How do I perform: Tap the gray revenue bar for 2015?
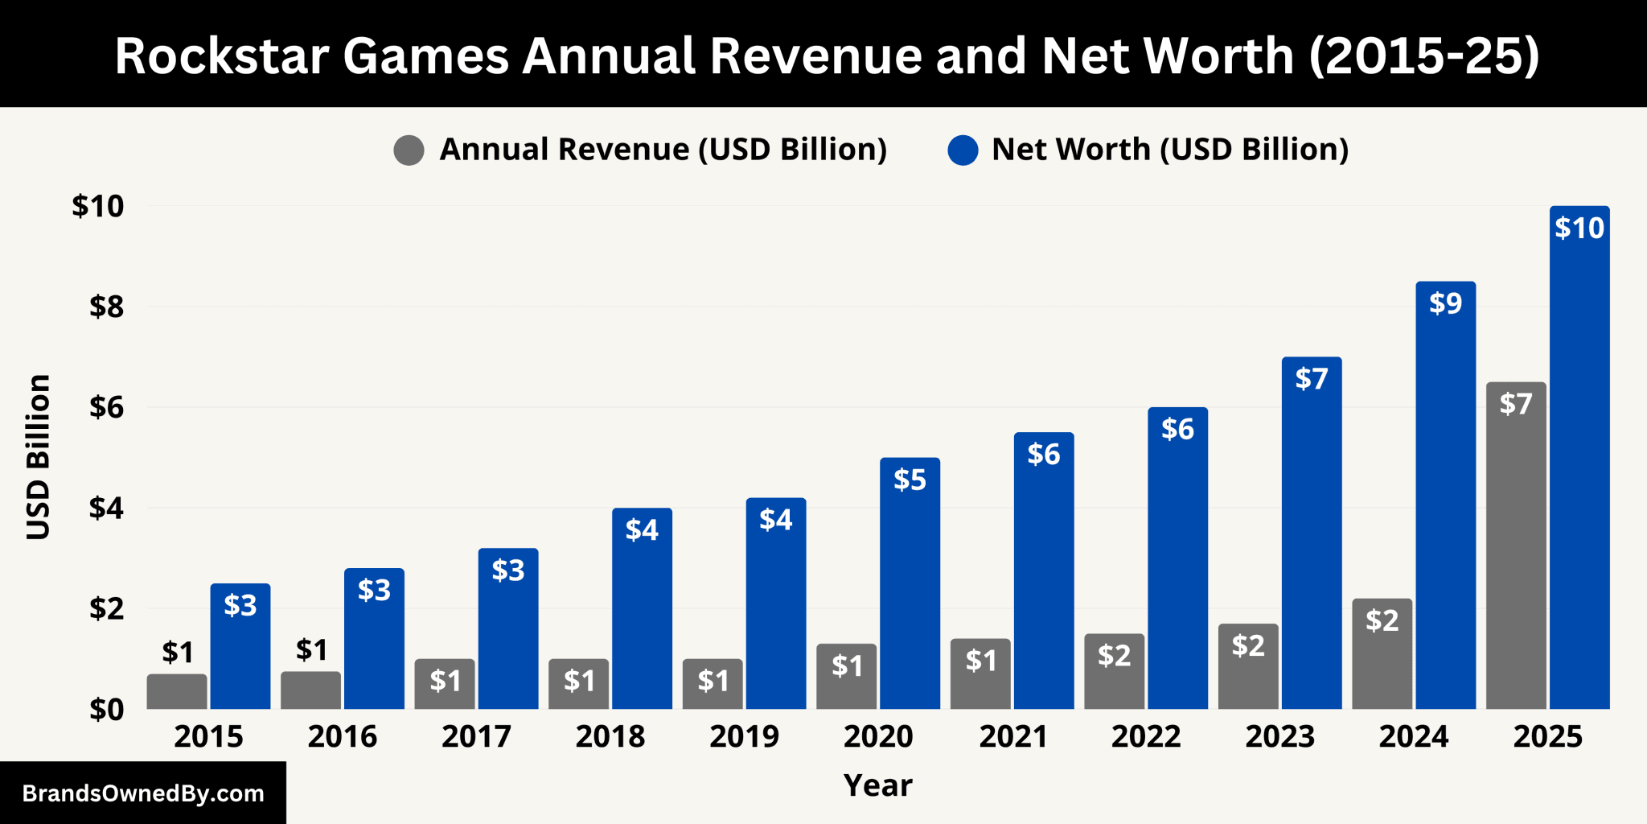tap(177, 692)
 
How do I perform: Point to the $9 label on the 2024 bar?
tap(1445, 303)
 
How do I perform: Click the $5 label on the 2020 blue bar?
tap(910, 480)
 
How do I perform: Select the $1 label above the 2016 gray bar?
tap(311, 649)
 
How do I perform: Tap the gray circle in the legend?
tap(409, 150)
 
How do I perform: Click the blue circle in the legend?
tap(963, 150)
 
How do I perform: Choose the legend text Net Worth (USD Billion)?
tap(1169, 150)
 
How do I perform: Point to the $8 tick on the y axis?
tap(106, 307)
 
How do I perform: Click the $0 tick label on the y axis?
tap(106, 710)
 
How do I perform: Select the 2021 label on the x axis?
tap(1012, 736)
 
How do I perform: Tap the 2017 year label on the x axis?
tap(476, 736)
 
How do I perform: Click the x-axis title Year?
tap(877, 785)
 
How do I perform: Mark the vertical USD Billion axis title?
tap(39, 457)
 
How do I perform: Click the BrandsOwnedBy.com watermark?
tap(143, 793)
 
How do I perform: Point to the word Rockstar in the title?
tap(221, 56)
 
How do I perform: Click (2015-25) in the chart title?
tap(1423, 56)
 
